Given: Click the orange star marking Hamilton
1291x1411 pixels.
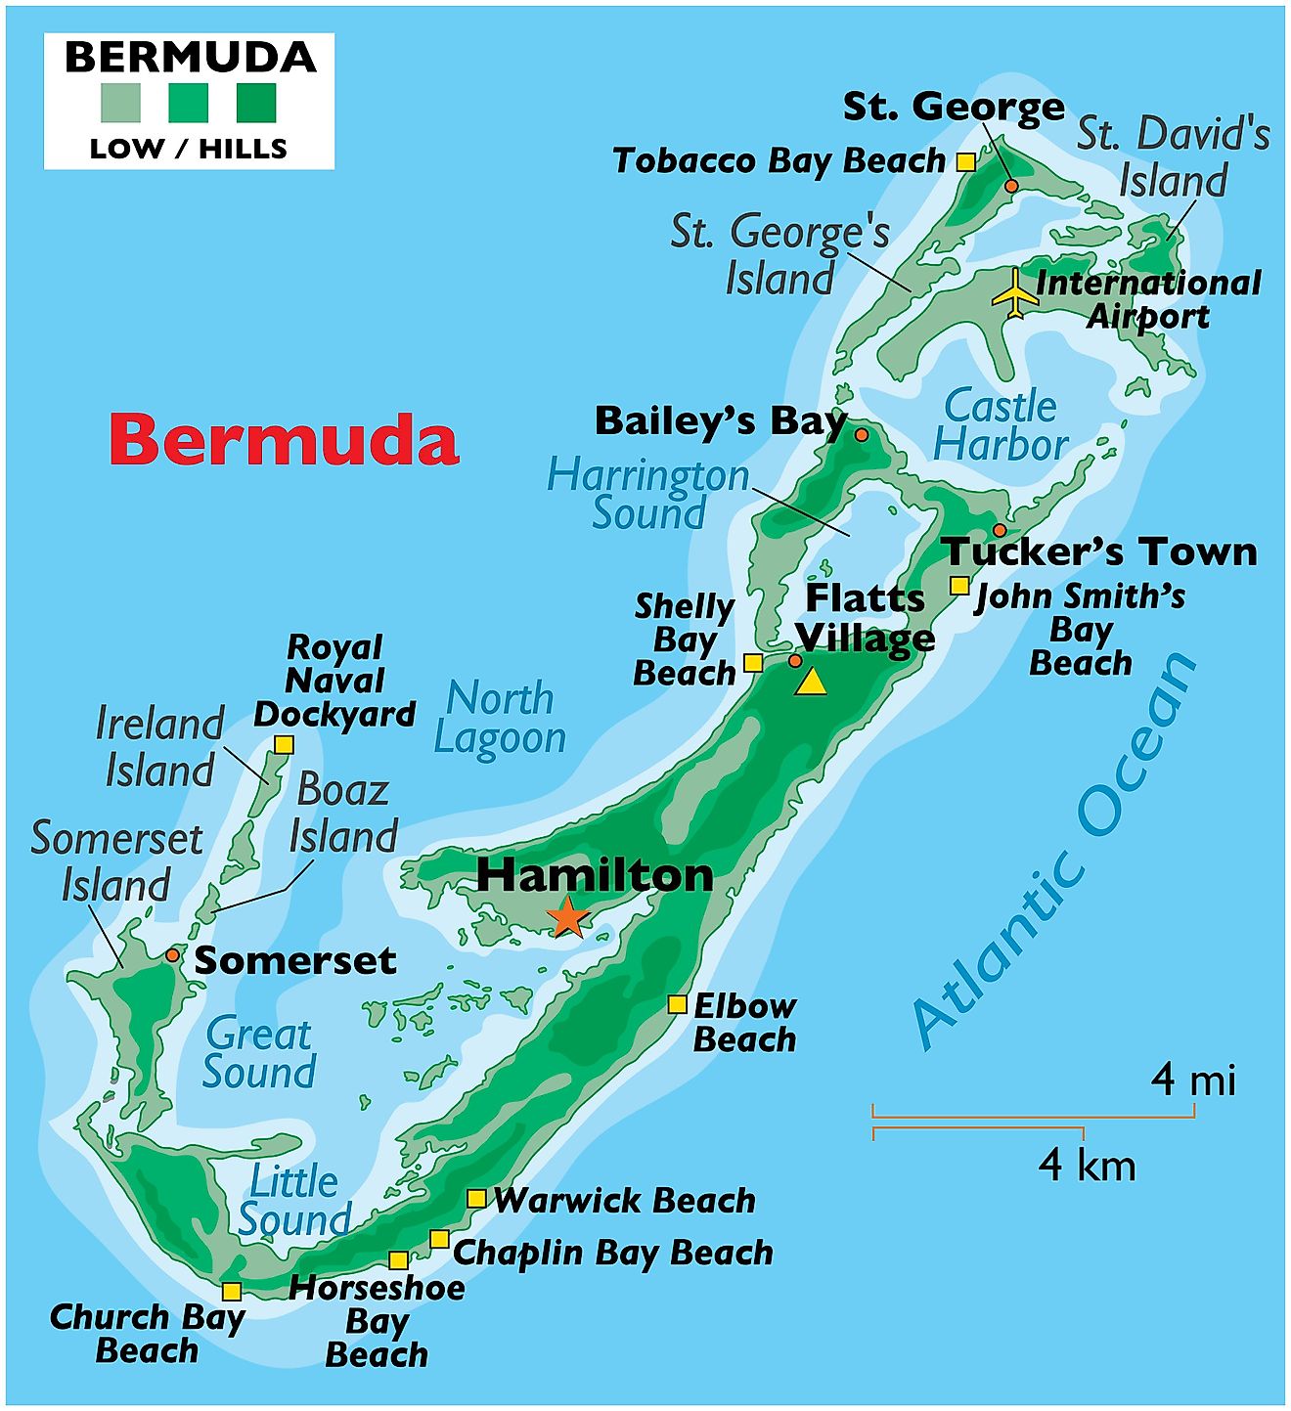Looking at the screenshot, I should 567,918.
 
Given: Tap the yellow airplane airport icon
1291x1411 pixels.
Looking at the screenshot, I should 1016,293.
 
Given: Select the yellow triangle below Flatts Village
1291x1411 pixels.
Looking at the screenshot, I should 810,682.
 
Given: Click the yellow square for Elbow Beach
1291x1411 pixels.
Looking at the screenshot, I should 677,1004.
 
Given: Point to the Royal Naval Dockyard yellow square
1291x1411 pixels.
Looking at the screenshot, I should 284,745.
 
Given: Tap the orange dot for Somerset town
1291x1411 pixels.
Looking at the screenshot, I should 173,954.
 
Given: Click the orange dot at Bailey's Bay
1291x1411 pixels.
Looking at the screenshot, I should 862,434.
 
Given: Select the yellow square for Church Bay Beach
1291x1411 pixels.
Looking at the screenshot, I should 232,1291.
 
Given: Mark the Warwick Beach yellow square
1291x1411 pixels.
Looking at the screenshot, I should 476,1199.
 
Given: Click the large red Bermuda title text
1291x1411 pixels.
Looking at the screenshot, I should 284,440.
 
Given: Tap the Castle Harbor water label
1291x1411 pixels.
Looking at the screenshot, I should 1000,425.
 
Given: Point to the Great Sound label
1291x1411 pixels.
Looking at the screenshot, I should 259,1053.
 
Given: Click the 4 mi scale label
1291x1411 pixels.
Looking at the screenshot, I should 1193,1080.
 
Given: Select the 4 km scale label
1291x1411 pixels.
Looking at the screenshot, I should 1087,1166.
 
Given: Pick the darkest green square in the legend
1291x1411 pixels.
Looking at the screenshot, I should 256,103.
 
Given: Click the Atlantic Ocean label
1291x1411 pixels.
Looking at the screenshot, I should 1056,851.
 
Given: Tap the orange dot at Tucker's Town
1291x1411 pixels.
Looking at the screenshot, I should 1000,530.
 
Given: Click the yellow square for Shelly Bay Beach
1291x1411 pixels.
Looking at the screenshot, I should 753,663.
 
